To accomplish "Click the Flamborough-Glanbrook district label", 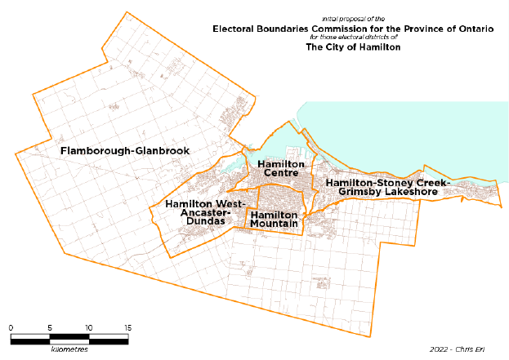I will [x=125, y=151].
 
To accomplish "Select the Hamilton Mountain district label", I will [x=274, y=219].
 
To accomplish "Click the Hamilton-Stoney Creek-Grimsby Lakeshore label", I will [x=387, y=187].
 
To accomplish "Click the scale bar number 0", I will [x=11, y=327].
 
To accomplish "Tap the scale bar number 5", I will [x=50, y=327].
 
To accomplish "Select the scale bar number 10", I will [x=89, y=327].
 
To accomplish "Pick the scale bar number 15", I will [x=127, y=327].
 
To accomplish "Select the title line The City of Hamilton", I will [x=353, y=47].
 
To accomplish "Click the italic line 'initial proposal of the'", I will [x=353, y=18].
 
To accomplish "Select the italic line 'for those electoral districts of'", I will [x=353, y=38].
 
